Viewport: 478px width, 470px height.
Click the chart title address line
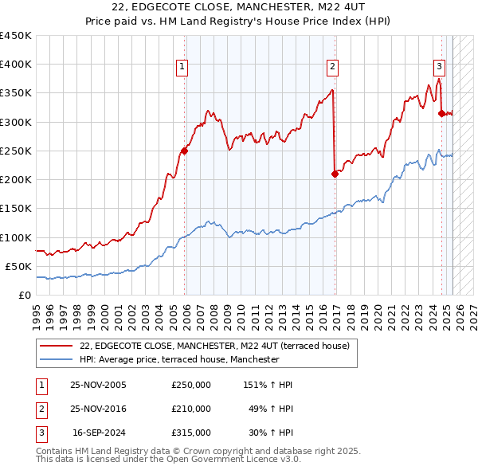tap(239, 8)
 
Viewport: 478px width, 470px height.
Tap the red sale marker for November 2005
tap(184, 151)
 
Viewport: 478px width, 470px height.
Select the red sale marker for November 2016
tap(335, 174)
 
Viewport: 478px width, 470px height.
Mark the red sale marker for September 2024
tap(441, 113)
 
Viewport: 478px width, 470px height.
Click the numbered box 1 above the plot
tap(183, 67)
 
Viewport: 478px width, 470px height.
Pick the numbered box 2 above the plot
tap(332, 67)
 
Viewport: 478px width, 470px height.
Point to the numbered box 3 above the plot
tap(439, 67)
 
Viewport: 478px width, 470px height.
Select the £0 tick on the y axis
tap(25, 296)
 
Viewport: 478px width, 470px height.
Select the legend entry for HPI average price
tap(179, 360)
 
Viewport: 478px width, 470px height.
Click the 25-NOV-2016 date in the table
tap(98, 409)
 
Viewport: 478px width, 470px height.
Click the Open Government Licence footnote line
tap(168, 460)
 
